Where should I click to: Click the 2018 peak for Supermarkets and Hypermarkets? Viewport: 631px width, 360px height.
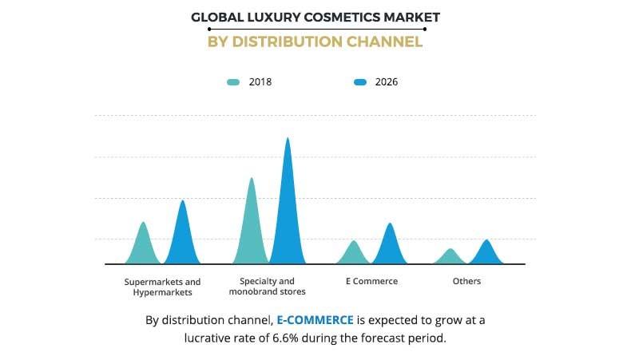click(144, 224)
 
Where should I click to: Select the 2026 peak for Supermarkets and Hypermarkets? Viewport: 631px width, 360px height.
click(183, 202)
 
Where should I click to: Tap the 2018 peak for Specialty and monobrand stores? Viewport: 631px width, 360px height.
click(252, 179)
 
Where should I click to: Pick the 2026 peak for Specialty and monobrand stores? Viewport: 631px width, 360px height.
click(288, 139)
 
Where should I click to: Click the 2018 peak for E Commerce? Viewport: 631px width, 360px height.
click(353, 242)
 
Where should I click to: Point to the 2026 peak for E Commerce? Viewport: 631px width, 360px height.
click(390, 224)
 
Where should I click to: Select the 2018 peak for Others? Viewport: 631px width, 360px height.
click(451, 250)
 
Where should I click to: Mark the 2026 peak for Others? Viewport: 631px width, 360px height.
click(486, 241)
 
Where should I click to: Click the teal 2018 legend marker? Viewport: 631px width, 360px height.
click(234, 82)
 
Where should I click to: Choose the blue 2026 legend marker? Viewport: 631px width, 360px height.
click(360, 82)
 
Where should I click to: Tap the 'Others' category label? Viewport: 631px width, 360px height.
click(466, 282)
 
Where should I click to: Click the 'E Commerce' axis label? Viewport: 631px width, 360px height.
click(371, 282)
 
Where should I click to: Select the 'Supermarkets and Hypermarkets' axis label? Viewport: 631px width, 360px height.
click(163, 287)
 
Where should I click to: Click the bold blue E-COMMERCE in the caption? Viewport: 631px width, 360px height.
click(315, 320)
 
